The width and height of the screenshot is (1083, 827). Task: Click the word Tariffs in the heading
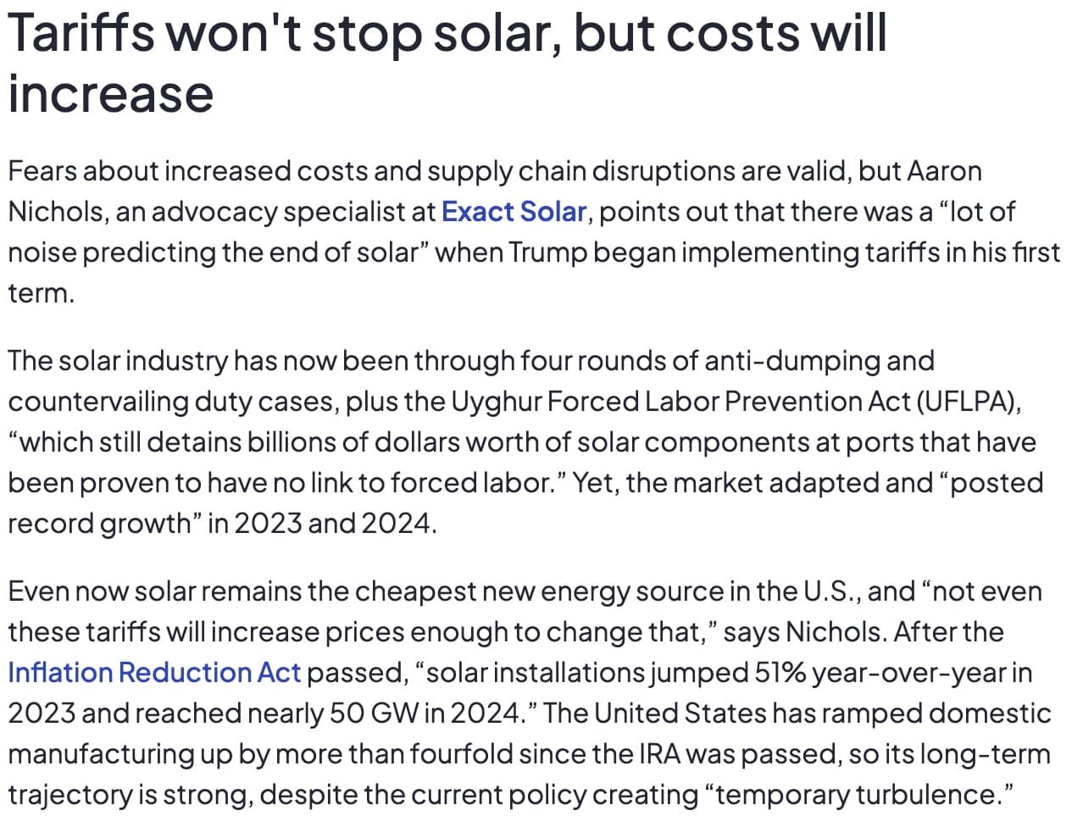point(81,34)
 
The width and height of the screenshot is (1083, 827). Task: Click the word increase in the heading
point(110,93)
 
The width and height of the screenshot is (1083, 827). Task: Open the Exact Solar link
point(514,212)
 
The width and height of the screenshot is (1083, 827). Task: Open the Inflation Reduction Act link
point(154,673)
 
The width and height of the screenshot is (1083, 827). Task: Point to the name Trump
point(547,253)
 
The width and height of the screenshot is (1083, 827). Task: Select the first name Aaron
point(944,171)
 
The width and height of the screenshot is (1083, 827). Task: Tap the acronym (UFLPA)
point(968,402)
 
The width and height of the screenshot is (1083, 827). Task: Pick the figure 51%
point(778,673)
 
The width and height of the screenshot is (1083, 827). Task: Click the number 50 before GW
point(347,713)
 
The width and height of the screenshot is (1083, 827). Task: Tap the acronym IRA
point(659,754)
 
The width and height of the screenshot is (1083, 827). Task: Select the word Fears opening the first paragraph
point(42,171)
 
